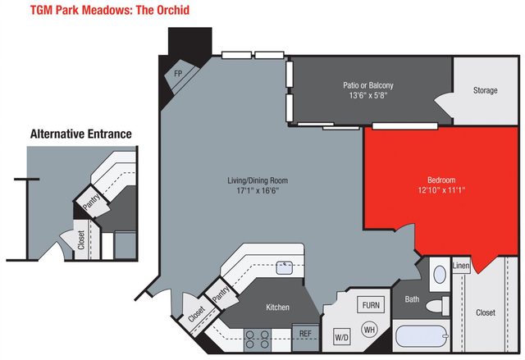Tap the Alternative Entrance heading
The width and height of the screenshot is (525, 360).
tap(80, 134)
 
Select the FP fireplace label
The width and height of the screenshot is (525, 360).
tap(177, 75)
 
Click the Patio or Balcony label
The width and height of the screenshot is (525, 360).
tap(367, 84)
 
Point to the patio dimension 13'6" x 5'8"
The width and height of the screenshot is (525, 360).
tap(367, 95)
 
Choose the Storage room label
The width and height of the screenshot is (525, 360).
tap(485, 89)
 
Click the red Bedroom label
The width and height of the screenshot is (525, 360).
tap(441, 180)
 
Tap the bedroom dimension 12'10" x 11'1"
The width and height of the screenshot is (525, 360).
tap(441, 190)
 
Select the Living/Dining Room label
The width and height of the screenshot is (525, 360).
tap(258, 180)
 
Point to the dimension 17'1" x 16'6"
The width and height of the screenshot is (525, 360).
tap(258, 192)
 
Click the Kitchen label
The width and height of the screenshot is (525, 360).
tap(277, 308)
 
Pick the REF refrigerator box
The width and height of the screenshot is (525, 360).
tap(304, 334)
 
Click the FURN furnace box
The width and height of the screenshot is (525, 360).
tap(371, 305)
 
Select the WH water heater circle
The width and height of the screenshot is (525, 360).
tap(369, 329)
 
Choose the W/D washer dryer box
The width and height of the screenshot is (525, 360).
tap(341, 336)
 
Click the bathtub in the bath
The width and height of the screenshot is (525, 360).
tap(422, 337)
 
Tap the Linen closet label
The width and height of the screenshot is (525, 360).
tap(460, 267)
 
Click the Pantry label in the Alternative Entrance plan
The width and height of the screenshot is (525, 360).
tap(90, 203)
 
